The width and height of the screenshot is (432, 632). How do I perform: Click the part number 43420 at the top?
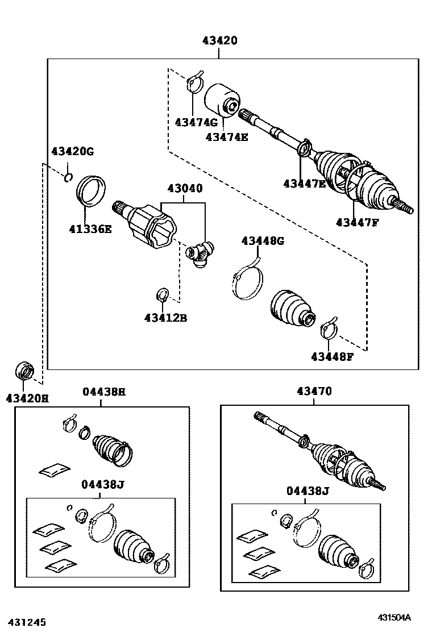[x=219, y=41]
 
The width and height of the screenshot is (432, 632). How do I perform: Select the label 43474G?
[x=196, y=122]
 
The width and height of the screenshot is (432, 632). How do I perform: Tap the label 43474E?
[x=227, y=136]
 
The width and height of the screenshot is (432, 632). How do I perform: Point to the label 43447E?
[x=305, y=183]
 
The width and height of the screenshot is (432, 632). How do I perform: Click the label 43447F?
[x=357, y=222]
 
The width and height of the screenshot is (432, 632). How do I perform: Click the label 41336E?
[x=90, y=229]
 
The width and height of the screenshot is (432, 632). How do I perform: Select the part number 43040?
[x=184, y=189]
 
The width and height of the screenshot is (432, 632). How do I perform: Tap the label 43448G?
[x=263, y=241]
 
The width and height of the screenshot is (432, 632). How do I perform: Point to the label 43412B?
[x=165, y=318]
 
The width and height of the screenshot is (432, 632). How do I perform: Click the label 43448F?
[x=333, y=356]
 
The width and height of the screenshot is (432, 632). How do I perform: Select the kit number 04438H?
[x=103, y=392]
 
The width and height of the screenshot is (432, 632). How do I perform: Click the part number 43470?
[x=314, y=392]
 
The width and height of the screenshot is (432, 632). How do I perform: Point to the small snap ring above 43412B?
[x=161, y=295]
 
